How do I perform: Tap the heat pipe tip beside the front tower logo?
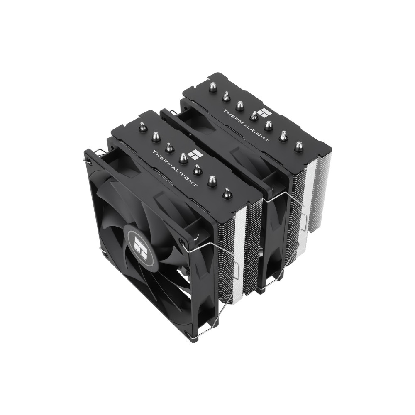coord(183,158)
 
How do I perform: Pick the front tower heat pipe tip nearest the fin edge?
coord(227,193)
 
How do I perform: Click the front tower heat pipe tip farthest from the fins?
coord(142,127)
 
